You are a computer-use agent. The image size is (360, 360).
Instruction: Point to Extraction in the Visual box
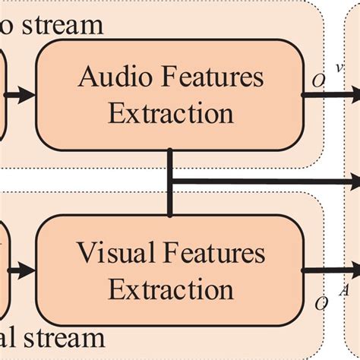[x=170, y=289]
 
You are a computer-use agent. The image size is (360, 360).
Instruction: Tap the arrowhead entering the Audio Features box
[x=27, y=95]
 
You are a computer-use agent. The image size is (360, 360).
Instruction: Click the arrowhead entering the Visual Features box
[x=27, y=270]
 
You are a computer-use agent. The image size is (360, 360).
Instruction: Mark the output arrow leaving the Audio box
[x=334, y=95]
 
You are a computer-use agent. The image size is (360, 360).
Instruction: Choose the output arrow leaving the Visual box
[x=334, y=270]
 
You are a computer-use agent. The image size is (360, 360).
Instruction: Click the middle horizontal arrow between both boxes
[x=266, y=182]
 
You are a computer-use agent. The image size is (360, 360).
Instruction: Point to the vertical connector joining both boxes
[x=171, y=182]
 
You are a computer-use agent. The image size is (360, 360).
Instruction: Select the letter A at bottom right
[x=342, y=289]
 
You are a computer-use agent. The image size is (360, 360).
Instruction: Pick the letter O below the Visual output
[x=321, y=303]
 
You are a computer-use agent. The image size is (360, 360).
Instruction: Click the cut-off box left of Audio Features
[x=2, y=95]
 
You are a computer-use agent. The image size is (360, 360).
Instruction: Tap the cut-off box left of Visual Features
[x=2, y=270]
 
